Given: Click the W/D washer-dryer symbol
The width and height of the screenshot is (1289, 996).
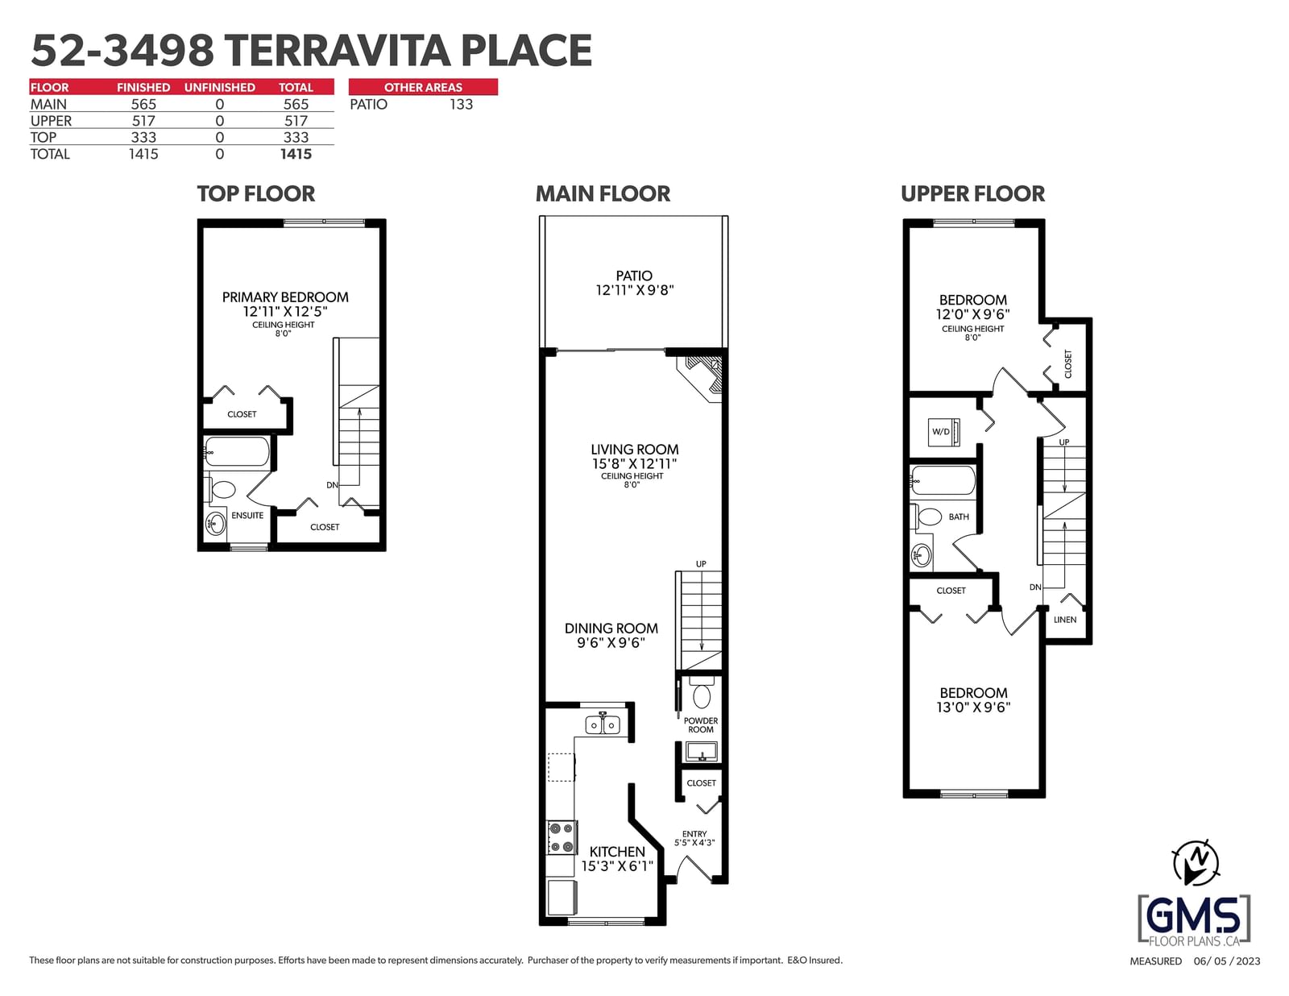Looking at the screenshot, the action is click(943, 432).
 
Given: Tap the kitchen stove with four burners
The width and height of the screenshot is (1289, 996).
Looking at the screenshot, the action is click(562, 837).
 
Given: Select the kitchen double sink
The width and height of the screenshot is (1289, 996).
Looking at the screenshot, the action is click(602, 724).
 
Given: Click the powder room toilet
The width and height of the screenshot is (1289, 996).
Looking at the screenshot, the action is click(701, 694).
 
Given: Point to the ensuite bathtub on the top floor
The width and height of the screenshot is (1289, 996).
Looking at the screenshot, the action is click(237, 451).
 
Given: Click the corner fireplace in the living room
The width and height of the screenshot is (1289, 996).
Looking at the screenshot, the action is click(701, 379).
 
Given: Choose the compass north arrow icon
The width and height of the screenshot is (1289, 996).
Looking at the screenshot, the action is click(1196, 863).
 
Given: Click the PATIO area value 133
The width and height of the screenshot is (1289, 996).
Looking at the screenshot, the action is click(461, 105).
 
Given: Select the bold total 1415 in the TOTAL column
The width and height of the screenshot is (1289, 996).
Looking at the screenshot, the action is click(296, 154).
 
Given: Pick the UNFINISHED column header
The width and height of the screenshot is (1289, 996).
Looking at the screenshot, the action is click(219, 87).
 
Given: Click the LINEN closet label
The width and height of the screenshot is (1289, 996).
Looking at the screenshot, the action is click(1065, 620).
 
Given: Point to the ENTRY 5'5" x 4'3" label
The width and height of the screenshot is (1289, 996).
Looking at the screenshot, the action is click(694, 838).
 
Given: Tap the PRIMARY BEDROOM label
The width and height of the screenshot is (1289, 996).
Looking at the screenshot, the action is click(285, 297).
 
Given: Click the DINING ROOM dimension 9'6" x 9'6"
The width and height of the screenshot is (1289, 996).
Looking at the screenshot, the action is click(611, 643).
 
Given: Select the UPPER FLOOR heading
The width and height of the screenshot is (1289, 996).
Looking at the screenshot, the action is click(973, 194).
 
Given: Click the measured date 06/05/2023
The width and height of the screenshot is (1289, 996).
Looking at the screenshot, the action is click(1227, 961).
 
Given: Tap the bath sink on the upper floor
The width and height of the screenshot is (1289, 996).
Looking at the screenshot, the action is click(921, 555).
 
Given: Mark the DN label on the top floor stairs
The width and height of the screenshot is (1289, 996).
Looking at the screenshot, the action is click(332, 484).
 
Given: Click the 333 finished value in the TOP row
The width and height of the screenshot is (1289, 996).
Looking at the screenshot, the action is click(143, 138).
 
